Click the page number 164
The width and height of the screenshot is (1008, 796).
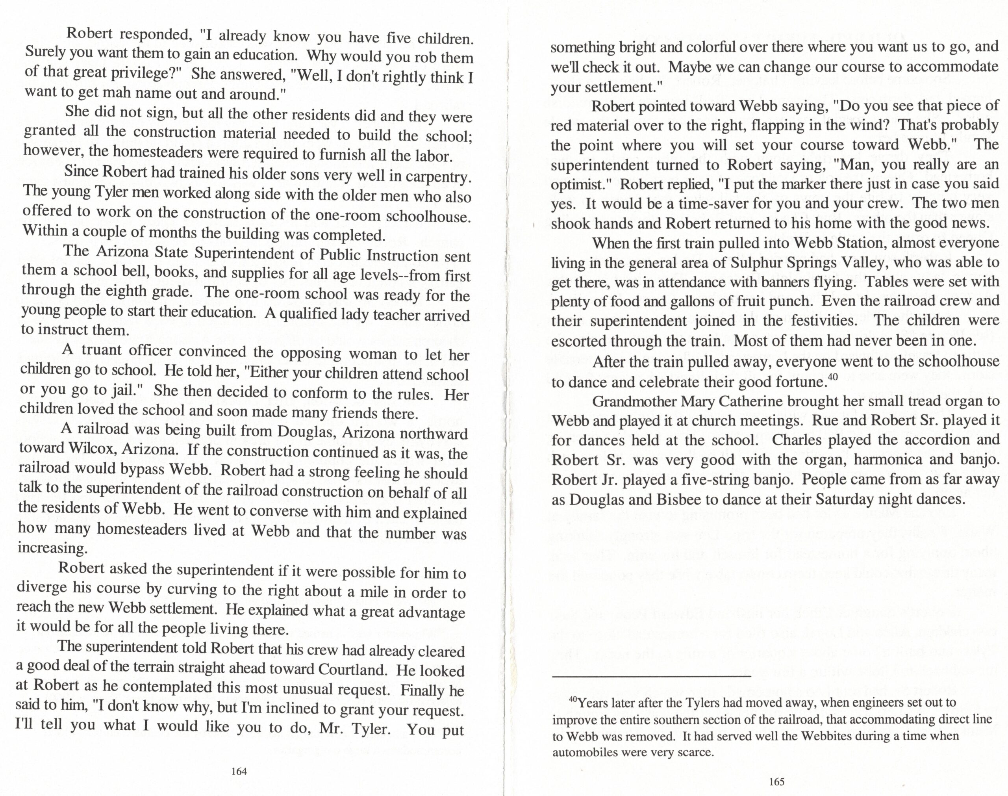point(239,771)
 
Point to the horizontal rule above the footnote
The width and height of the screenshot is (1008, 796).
point(651,676)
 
